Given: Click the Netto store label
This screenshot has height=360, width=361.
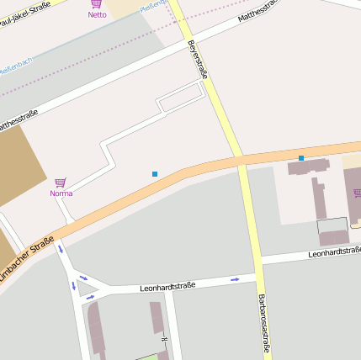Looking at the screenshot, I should coord(97,14).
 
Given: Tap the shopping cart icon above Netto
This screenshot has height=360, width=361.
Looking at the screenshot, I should coord(97,4).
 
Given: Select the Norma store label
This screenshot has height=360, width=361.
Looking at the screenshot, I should coord(61,193).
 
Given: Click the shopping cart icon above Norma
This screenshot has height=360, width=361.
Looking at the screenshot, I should coord(60,183).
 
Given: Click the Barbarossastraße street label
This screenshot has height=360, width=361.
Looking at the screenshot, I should coord(263,324).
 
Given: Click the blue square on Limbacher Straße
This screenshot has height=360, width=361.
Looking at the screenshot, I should coord(301,157).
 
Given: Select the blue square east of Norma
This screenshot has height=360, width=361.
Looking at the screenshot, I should coord(155,174).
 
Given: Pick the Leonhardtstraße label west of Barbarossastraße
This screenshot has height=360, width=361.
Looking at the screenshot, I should coord(168,286).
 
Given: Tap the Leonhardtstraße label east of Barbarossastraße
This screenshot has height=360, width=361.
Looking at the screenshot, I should coord(334,251).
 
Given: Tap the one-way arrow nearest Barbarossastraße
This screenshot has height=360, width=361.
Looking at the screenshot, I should coord(235,278).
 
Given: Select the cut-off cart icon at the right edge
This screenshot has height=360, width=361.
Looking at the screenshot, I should coord(357,193).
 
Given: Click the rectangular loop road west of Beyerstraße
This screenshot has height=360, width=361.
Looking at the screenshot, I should coord(182,98).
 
